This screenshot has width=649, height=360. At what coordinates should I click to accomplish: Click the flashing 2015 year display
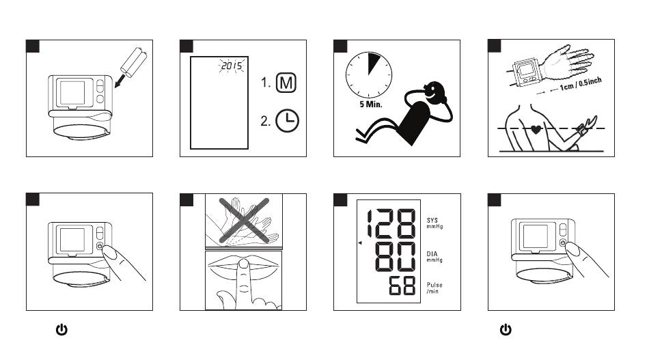click(x=231, y=67)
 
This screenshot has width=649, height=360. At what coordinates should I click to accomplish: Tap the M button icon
click(x=287, y=84)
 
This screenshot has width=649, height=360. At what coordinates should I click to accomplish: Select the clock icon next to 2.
click(x=287, y=121)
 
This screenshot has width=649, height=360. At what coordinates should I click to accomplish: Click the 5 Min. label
click(x=357, y=107)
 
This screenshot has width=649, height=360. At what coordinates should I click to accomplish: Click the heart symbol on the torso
click(x=536, y=130)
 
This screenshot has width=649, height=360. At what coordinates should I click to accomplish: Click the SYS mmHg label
click(x=434, y=223)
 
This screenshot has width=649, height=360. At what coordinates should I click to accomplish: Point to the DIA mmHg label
click(x=434, y=256)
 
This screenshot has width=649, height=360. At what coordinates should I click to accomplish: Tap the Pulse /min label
click(x=434, y=288)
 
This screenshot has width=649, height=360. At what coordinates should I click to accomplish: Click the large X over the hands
click(x=243, y=219)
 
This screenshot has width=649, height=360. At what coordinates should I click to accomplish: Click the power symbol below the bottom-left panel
click(x=61, y=331)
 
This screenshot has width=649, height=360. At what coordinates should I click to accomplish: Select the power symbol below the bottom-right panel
click(x=506, y=331)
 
